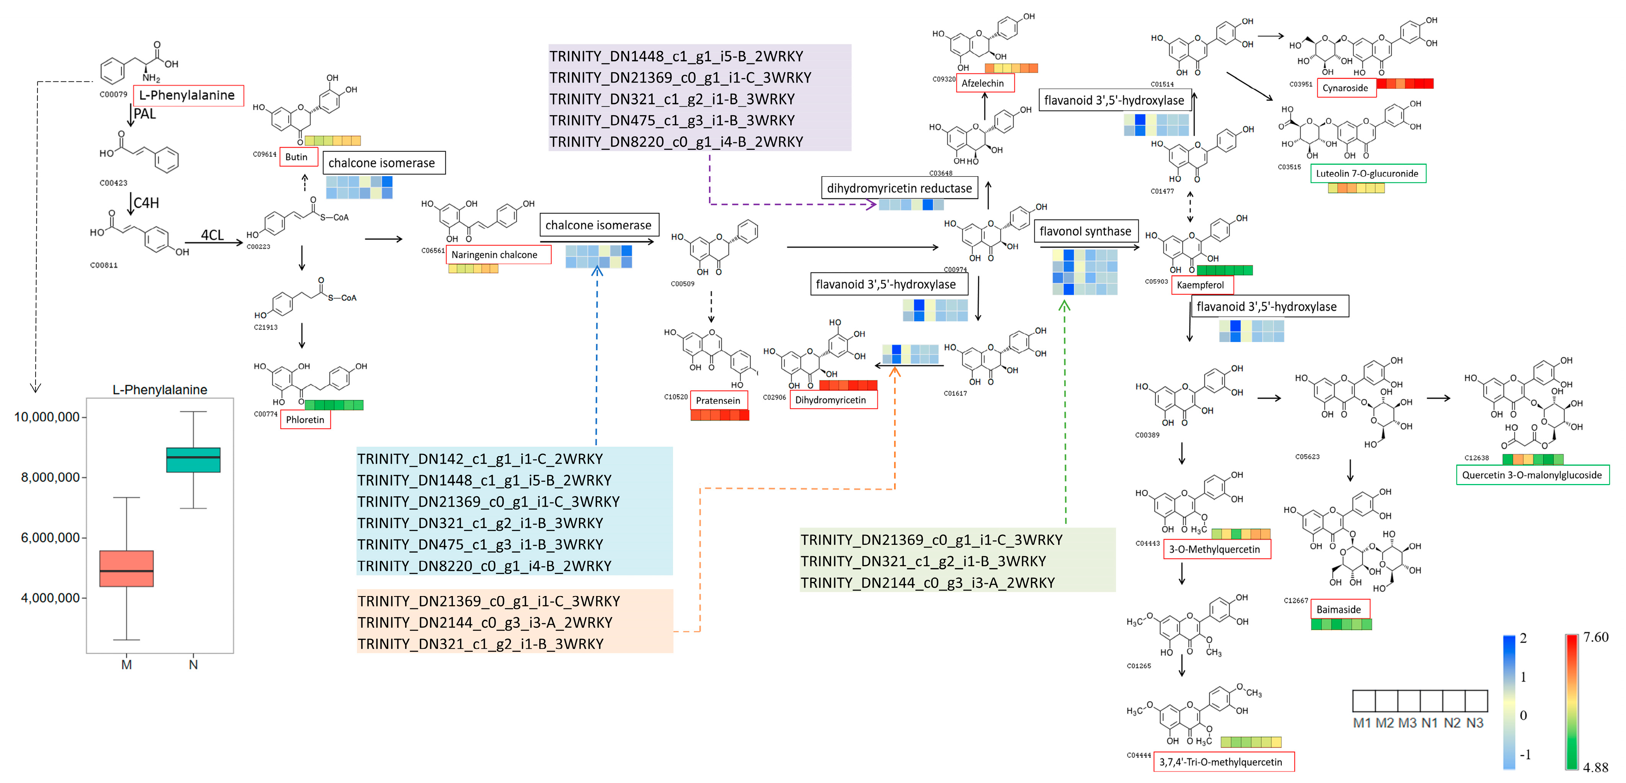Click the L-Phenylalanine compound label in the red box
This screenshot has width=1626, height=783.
188,95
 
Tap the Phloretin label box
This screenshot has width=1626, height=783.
305,419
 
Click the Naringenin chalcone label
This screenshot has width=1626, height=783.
498,255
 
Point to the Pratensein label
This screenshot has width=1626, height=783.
719,400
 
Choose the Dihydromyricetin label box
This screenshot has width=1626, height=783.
833,400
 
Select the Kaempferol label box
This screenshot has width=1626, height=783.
1202,285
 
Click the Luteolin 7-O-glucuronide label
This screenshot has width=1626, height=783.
1368,174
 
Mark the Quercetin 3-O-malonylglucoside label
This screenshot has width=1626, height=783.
1533,475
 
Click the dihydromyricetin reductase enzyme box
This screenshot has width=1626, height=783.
900,188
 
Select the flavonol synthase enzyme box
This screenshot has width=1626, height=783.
1086,231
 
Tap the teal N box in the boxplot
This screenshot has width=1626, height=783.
193,460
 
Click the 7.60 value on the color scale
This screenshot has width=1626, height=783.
1596,637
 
